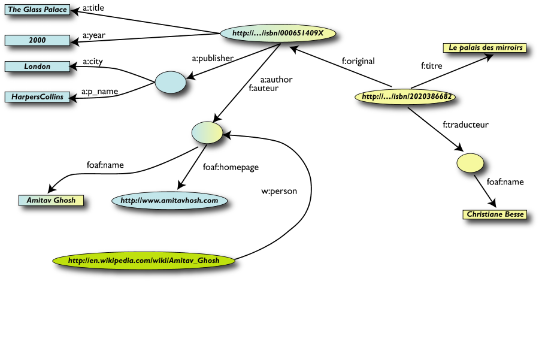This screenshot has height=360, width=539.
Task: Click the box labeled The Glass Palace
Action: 37,10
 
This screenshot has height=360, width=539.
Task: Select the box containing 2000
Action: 37,40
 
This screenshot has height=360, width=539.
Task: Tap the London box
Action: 37,66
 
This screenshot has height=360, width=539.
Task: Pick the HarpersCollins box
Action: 37,96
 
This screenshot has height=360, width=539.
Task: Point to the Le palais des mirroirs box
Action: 486,47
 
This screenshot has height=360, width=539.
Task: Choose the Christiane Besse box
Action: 495,214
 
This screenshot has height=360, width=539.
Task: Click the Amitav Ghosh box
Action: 51,200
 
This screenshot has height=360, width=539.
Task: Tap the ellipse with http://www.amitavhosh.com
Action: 169,201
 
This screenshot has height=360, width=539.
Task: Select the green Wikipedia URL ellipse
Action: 143,261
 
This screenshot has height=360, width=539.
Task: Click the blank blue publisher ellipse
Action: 171,82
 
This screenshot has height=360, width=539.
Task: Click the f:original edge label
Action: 358,61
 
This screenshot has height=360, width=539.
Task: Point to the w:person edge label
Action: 279,192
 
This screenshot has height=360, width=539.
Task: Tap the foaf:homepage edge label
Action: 231,168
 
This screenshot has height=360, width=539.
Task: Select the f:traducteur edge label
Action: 465,125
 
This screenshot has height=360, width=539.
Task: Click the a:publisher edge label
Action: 213,59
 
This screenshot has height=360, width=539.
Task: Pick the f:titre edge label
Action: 432,66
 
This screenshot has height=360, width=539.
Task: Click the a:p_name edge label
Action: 99,92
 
